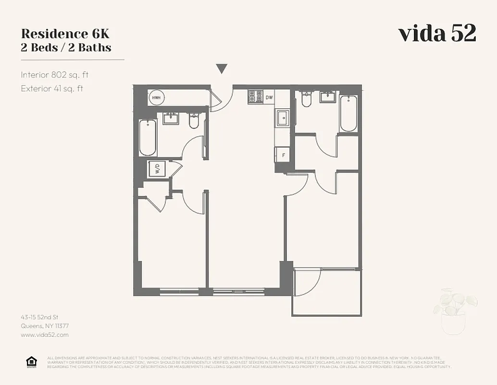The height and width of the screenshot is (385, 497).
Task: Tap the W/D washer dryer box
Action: pos(156,169)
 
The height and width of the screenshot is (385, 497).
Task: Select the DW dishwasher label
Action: pos(269,98)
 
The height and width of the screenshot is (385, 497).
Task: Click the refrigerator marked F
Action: pos(283,155)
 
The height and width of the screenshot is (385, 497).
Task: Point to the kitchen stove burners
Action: pos(254,97)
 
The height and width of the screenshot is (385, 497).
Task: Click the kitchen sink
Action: pos(283,118)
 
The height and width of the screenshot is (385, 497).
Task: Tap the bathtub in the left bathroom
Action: pos(148,137)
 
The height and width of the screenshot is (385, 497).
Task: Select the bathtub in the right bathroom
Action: pos(348,114)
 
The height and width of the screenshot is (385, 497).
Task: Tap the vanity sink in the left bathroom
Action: pos(171,118)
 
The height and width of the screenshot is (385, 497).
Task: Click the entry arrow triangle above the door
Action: pos(221,69)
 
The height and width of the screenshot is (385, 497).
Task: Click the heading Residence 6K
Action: pos(65,34)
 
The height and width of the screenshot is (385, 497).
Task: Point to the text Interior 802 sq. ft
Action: pos(55,75)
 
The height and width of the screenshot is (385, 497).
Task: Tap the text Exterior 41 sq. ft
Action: pos(52,88)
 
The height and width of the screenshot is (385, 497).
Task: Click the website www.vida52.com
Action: pos(45,334)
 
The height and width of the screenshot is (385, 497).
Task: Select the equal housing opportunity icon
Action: pos(31,362)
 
